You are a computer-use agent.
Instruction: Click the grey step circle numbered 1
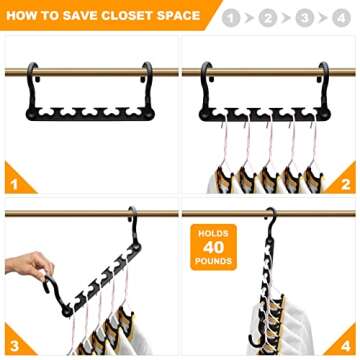[231, 16]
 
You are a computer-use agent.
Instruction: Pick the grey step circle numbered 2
[267, 16]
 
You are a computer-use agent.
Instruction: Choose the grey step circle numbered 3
[303, 16]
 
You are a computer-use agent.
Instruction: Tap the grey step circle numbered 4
[339, 16]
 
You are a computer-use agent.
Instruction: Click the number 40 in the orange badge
[214, 247]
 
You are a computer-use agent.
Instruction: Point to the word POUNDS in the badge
[214, 262]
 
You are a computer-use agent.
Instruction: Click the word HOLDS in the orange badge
[214, 232]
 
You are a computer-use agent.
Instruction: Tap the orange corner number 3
[13, 345]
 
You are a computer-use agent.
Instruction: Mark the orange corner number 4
[346, 345]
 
